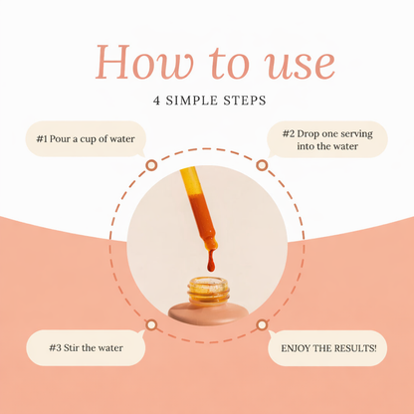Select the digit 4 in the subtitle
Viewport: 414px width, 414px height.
(156, 101)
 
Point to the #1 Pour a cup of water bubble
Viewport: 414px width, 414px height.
(86, 138)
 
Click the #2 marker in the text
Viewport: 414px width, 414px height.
(289, 133)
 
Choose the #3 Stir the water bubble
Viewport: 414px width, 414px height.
(86, 347)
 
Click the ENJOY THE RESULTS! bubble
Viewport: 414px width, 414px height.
(327, 348)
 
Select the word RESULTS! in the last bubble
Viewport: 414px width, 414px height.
(355, 348)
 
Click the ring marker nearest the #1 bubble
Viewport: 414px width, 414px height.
(151, 165)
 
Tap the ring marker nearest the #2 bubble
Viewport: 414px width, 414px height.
(262, 165)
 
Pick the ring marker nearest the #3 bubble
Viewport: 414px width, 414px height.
(151, 325)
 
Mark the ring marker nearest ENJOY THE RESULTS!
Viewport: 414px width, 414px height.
(262, 325)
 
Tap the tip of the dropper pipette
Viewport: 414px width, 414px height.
(211, 248)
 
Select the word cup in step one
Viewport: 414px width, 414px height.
(88, 139)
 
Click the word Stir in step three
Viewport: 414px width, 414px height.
(72, 347)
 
